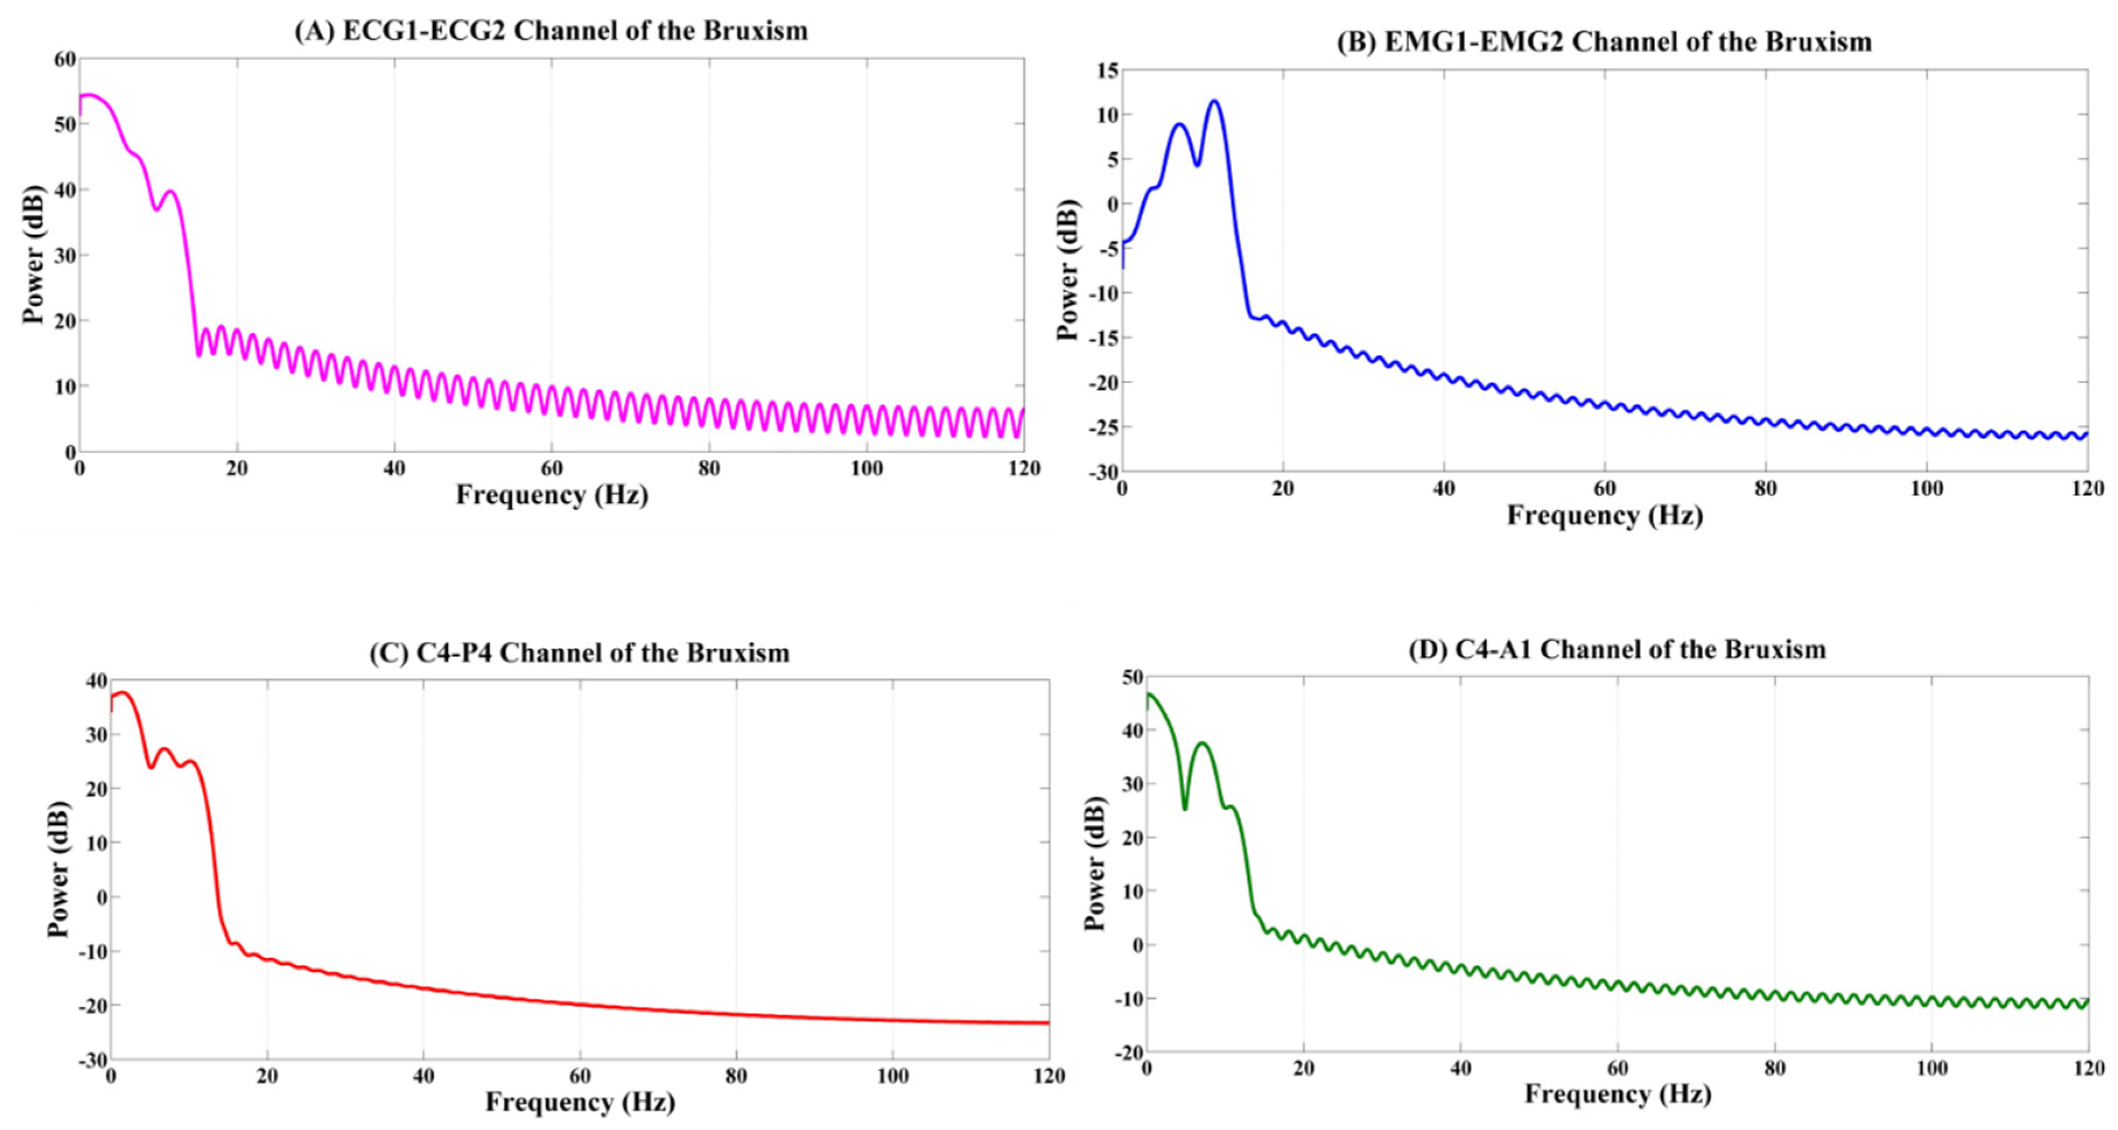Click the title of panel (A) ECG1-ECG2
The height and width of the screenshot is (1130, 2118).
pos(551,31)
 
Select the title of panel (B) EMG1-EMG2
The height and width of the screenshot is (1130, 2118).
pos(1603,41)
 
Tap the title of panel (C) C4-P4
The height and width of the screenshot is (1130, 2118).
pos(579,653)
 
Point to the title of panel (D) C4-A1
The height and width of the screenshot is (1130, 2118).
pos(1617,650)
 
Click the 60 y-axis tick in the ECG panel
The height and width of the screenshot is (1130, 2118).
pos(65,59)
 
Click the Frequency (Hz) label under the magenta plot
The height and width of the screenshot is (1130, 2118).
pos(552,495)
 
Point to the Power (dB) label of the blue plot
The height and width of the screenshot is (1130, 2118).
pos(1067,270)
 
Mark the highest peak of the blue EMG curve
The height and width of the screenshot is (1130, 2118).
pos(1214,101)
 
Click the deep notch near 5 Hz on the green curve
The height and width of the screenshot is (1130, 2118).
pos(1185,809)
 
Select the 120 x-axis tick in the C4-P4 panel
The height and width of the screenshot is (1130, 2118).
pos(1048,1076)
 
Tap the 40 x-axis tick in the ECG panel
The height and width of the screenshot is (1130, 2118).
pos(394,469)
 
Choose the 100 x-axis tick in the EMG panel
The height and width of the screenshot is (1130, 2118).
pos(1926,489)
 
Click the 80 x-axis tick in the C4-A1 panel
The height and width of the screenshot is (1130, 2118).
pos(1774,1069)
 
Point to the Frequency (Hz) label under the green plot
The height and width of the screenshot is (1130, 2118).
pos(1617,1094)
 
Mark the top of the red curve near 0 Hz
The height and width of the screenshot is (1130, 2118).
pos(122,693)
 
